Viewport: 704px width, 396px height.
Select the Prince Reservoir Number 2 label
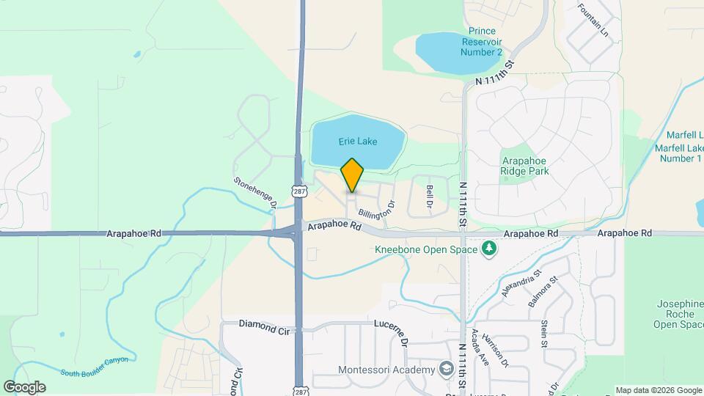pyautogui.click(x=482, y=42)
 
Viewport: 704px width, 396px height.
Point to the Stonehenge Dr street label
pyautogui.click(x=254, y=192)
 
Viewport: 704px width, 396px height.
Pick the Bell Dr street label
pyautogui.click(x=430, y=197)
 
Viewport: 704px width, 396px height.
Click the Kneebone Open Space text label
pyautogui.click(x=426, y=249)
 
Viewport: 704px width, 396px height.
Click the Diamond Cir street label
pyautogui.click(x=262, y=323)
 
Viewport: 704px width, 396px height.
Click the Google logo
pyautogui.click(x=24, y=386)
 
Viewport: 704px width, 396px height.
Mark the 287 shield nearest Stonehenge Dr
pyautogui.click(x=298, y=191)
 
